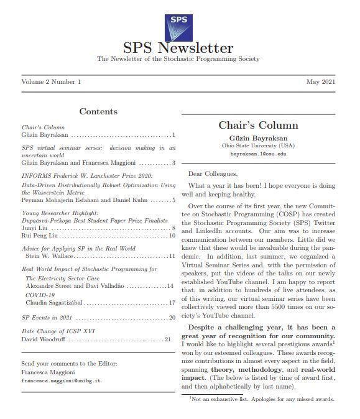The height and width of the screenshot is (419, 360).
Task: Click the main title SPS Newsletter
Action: click(178, 48)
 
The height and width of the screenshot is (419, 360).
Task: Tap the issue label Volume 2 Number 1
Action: click(51, 82)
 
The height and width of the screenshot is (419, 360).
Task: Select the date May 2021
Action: click(322, 82)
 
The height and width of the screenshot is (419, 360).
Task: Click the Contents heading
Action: click(98, 112)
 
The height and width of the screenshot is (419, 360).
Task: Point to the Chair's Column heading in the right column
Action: click(258, 126)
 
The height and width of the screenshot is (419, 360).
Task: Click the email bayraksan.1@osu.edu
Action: click(258, 153)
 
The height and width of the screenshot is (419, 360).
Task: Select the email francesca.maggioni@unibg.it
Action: click(61, 380)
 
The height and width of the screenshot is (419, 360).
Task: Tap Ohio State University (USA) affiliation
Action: click(258, 145)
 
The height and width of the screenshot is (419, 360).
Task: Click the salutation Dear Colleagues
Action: click(213, 173)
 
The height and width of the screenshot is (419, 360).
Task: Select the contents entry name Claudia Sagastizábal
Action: click(54, 303)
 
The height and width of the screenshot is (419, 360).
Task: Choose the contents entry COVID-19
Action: click(40, 295)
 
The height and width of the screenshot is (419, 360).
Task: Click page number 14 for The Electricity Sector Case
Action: click(170, 286)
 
